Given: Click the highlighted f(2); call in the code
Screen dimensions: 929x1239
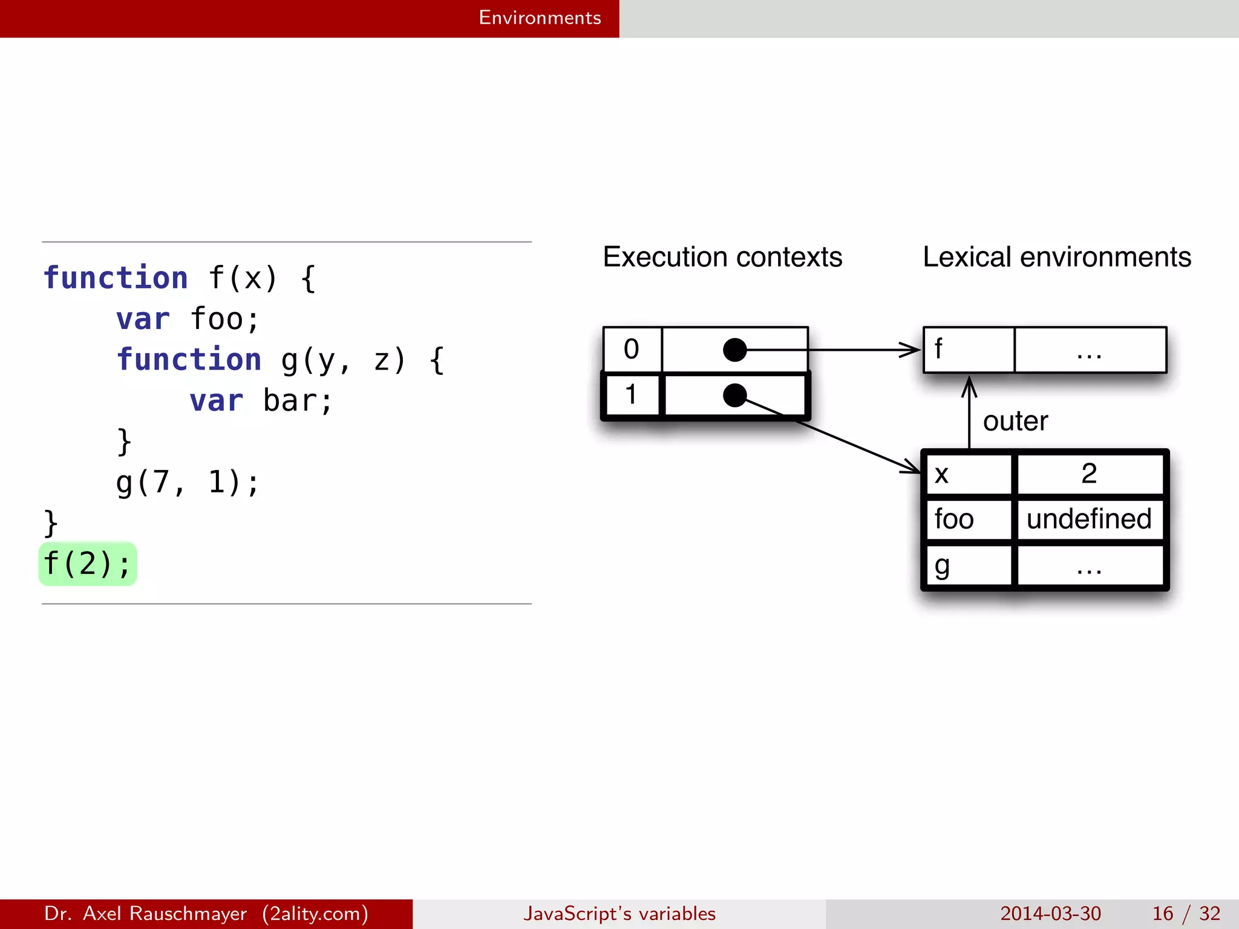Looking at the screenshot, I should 87,564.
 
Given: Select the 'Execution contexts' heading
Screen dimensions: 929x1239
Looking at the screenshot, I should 722,257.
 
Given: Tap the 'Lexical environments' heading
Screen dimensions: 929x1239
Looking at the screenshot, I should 1056,257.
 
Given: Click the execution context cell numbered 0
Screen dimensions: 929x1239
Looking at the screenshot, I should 632,349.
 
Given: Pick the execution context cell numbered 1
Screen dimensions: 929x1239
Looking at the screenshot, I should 632,395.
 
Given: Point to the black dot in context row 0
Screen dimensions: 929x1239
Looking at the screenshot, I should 734,350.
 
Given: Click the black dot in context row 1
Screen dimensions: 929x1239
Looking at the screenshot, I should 734,395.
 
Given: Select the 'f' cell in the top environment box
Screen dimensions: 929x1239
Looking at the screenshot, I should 968,350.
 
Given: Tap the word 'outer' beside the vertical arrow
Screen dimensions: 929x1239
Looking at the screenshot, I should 1015,421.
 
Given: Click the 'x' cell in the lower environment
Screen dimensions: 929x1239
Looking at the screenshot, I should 968,474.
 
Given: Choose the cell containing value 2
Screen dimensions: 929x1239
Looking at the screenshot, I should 1089,474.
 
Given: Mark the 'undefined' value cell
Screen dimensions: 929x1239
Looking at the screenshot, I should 1089,519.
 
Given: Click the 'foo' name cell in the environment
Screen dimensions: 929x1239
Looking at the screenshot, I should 968,519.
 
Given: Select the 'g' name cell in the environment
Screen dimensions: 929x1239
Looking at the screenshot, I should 968,566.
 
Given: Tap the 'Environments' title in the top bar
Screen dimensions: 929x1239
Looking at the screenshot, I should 540,18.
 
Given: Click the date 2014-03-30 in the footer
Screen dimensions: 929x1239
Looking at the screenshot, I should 1050,913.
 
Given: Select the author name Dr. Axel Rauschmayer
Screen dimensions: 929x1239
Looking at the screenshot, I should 145,913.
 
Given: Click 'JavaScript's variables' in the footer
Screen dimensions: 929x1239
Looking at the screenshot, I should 619,913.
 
